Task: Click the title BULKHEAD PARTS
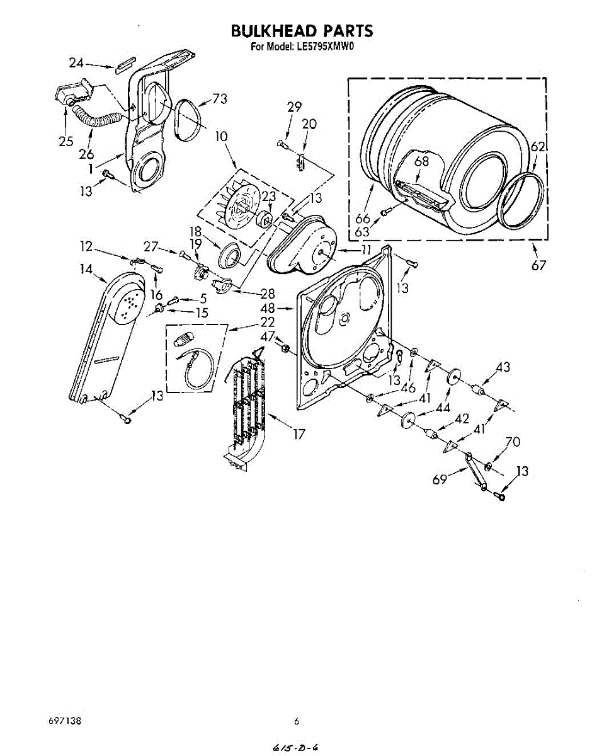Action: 302,31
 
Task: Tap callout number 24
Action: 76,62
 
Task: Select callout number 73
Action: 220,98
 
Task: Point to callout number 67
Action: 538,265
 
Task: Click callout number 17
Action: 299,434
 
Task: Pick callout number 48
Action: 268,309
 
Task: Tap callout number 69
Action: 440,480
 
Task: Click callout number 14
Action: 86,269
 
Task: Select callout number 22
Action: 268,322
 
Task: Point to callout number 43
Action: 503,367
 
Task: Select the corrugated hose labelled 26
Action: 99,119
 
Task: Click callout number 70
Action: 513,442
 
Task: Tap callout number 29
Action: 294,107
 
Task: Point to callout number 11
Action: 366,249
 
